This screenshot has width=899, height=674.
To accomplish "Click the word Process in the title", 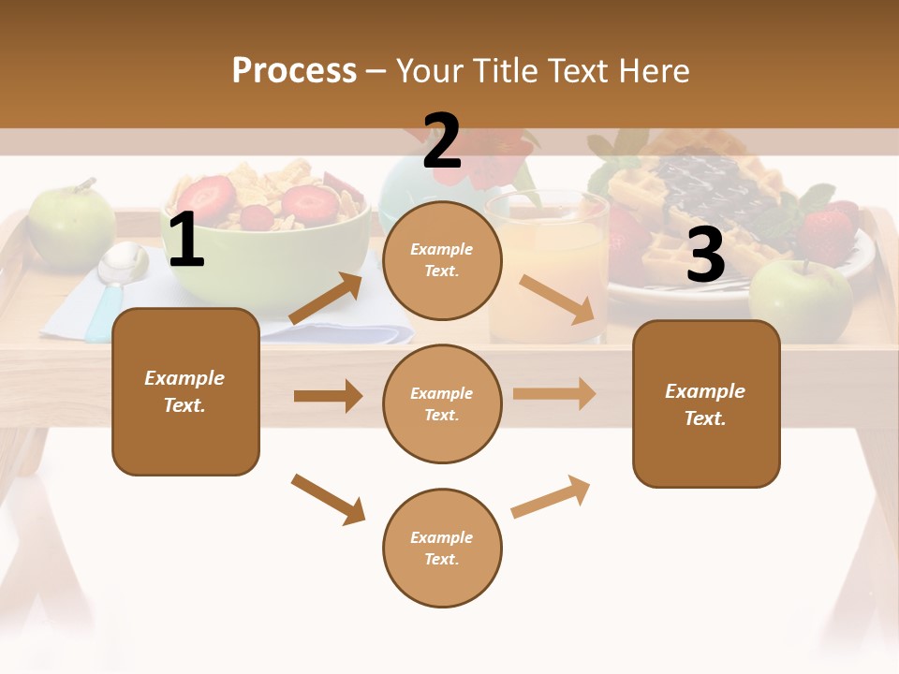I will pyautogui.click(x=294, y=70).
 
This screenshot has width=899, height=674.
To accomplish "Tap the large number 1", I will pyautogui.click(x=186, y=241).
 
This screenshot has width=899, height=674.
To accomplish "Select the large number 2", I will pyautogui.click(x=442, y=141).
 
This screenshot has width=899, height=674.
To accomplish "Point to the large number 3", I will pyautogui.click(x=705, y=255).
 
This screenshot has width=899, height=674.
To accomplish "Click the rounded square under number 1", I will pyautogui.click(x=185, y=391).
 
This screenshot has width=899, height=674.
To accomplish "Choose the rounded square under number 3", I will pyautogui.click(x=706, y=403).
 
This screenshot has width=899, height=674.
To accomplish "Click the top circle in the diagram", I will pyautogui.click(x=442, y=260).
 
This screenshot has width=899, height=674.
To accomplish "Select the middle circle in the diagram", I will pyautogui.click(x=442, y=403).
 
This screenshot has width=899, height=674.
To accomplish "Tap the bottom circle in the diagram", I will pyautogui.click(x=442, y=548).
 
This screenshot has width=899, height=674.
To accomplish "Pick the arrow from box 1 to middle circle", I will pyautogui.click(x=328, y=396).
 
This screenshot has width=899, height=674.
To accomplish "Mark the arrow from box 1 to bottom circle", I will pyautogui.click(x=328, y=499).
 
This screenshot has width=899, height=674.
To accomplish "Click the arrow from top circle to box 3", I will pyautogui.click(x=557, y=299).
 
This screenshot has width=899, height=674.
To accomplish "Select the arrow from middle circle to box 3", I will pyautogui.click(x=554, y=393).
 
